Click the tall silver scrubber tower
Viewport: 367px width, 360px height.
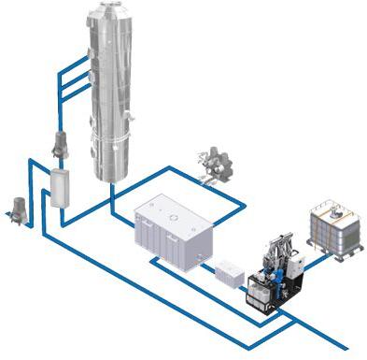point(120,94)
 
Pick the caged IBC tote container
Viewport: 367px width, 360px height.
point(333,226)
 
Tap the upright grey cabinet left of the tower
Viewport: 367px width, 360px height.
point(61,190)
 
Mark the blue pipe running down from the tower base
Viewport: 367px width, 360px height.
point(111,201)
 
